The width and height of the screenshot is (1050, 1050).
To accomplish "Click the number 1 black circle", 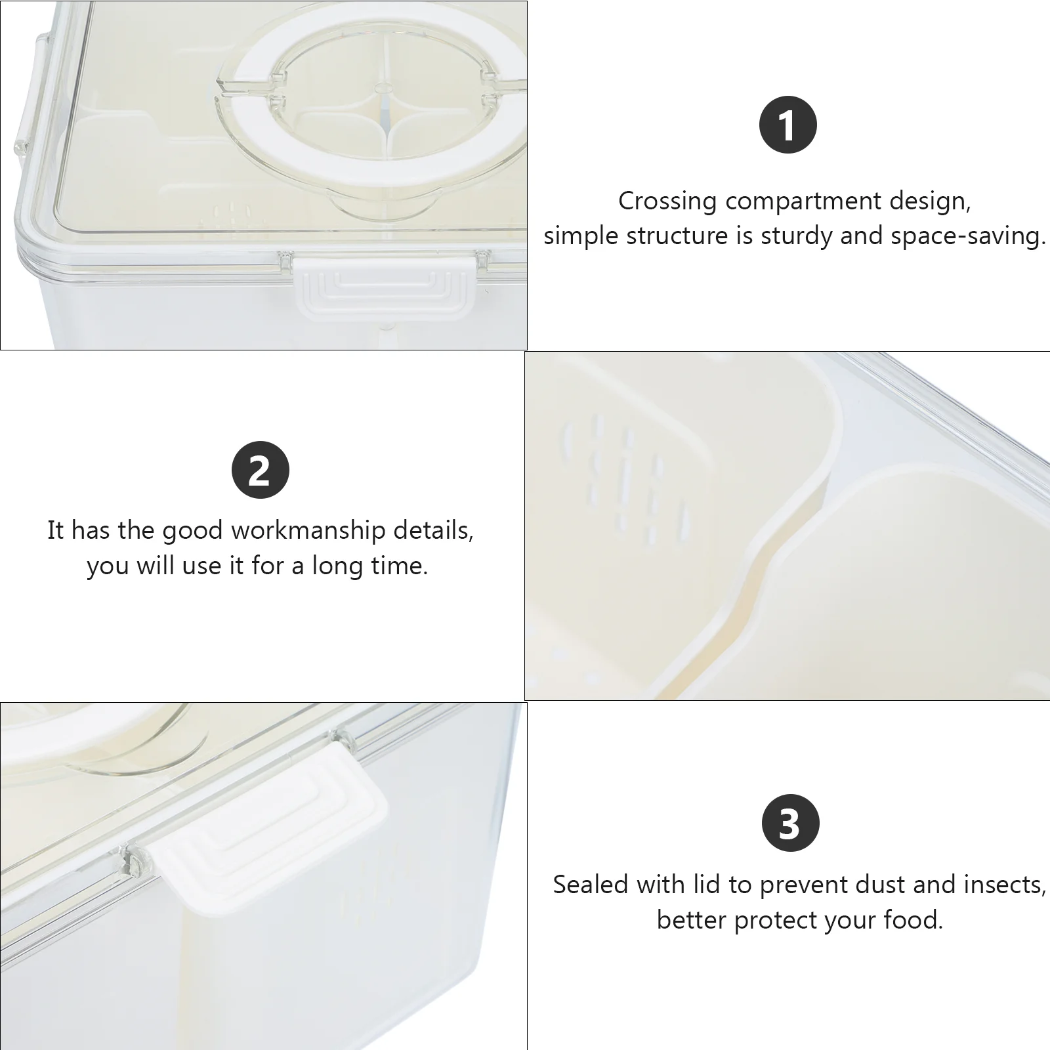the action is [x=787, y=125].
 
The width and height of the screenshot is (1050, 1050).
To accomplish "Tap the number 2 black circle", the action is [x=261, y=470].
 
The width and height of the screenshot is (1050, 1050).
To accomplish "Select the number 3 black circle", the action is [x=790, y=824].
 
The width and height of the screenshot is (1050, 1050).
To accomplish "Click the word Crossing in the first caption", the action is [x=667, y=201].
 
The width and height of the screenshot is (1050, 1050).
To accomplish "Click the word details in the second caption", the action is [x=434, y=530].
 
